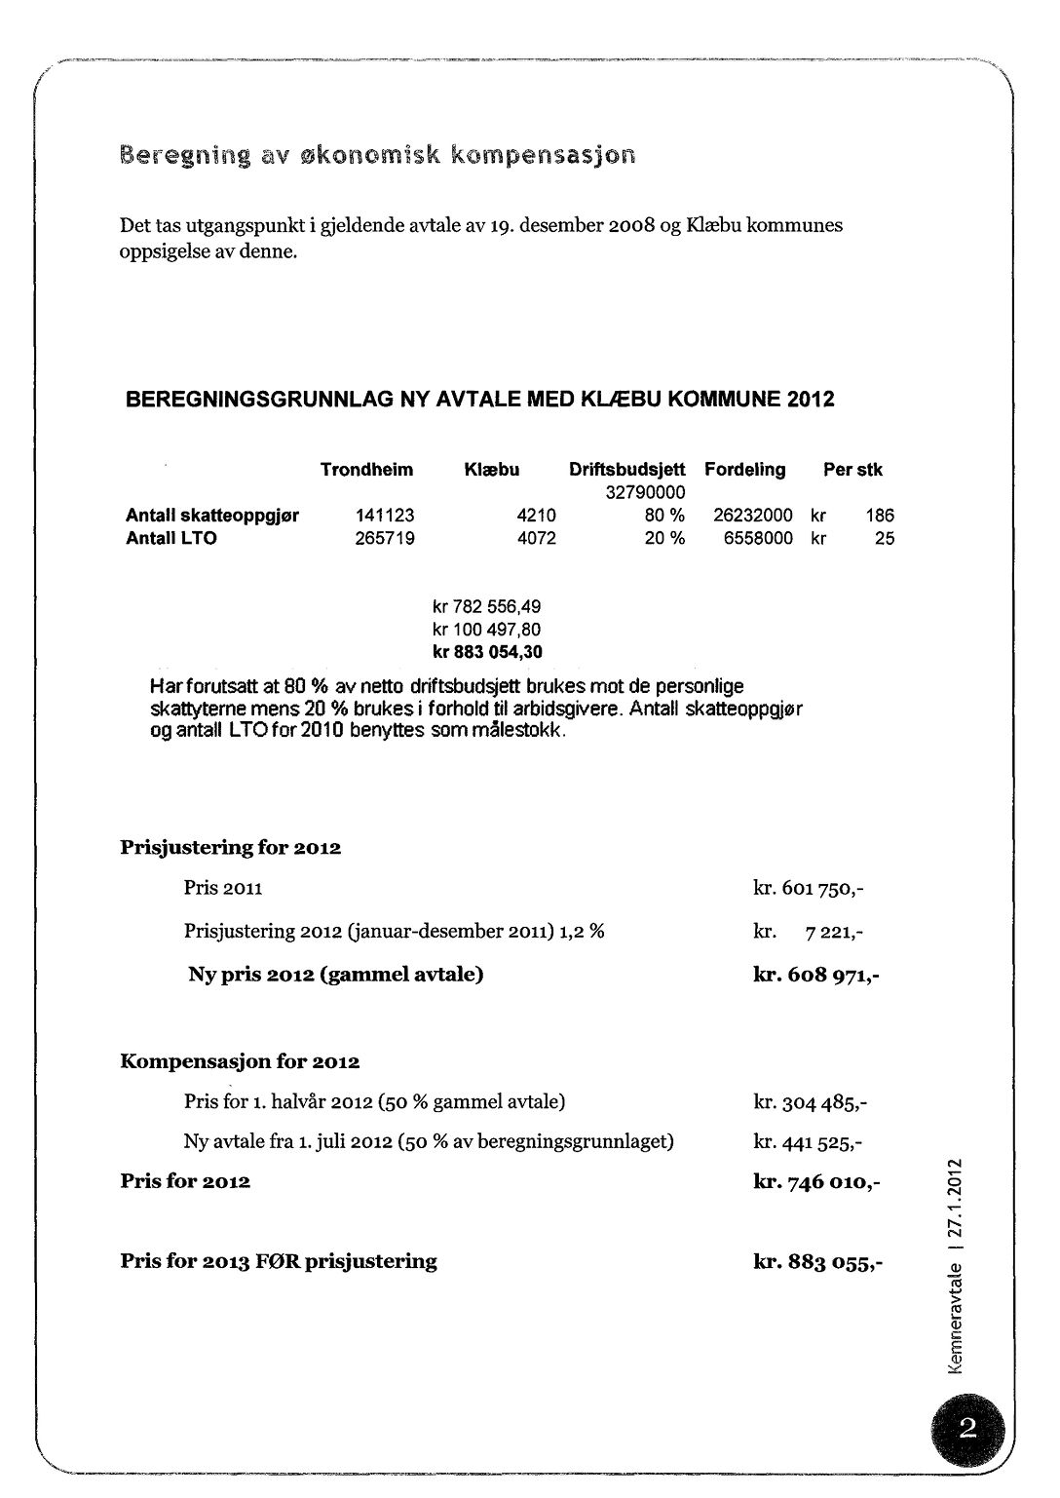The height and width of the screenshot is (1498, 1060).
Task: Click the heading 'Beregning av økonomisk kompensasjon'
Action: click(377, 154)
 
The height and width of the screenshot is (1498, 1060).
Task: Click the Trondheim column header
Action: click(366, 470)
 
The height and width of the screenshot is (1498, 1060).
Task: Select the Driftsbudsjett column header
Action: click(627, 470)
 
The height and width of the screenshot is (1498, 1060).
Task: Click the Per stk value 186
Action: click(880, 516)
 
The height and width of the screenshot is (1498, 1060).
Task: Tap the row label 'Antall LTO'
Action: click(170, 538)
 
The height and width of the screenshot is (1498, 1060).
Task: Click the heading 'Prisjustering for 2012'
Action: click(230, 848)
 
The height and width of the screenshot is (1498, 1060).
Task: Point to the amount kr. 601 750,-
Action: click(809, 889)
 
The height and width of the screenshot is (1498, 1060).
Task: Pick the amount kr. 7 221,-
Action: click(809, 932)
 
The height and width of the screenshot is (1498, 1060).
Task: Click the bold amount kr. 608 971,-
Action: click(816, 975)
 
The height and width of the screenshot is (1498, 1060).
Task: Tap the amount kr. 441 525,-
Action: click(809, 1141)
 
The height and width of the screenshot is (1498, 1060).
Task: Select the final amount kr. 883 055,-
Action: click(818, 1262)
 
